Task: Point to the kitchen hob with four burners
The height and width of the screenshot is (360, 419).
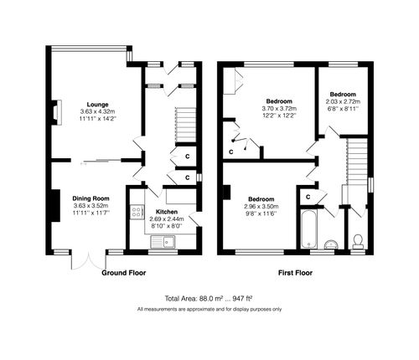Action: (x=135, y=214)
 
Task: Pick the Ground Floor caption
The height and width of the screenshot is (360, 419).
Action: (x=127, y=273)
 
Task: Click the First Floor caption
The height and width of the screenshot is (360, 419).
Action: (x=297, y=273)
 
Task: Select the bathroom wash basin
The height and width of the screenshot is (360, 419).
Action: (x=332, y=244)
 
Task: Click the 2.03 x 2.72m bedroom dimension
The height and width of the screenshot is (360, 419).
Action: (x=344, y=101)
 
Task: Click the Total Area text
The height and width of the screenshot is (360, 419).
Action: (x=209, y=299)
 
